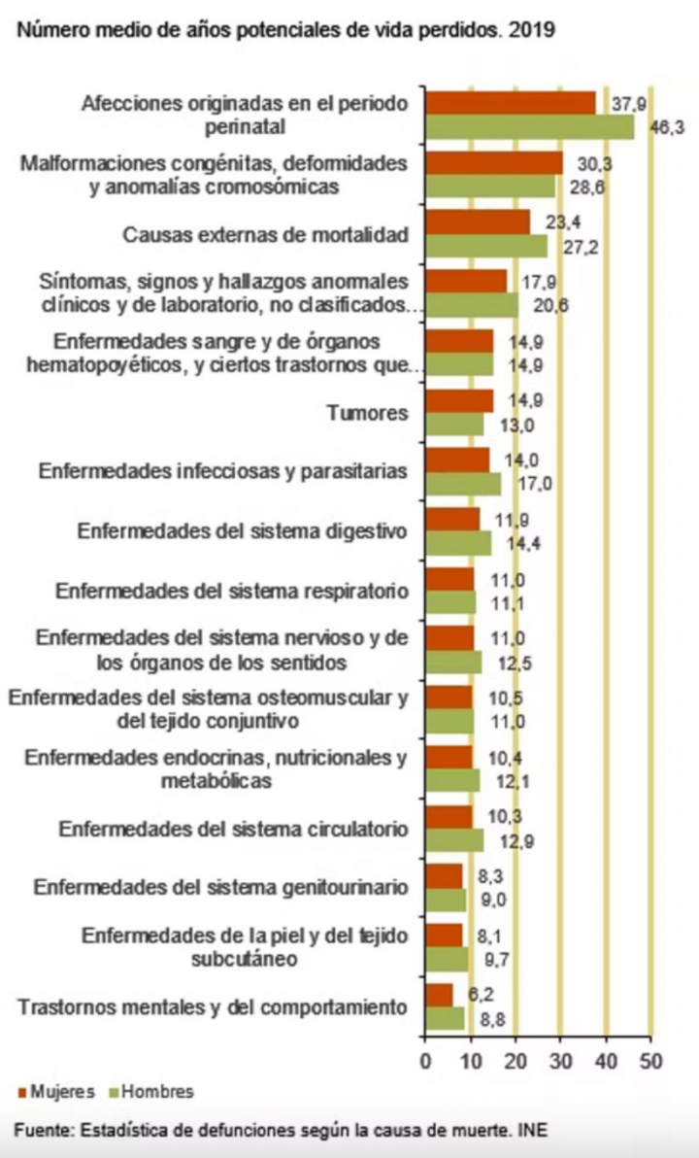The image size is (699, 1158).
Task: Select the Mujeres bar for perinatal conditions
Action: point(511,103)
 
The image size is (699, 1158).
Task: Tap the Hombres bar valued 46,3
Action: point(530,127)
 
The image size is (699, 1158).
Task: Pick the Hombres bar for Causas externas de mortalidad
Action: point(486,246)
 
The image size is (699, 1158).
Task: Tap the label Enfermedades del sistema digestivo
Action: point(241,530)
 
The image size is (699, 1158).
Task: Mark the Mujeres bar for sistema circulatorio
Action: point(449,817)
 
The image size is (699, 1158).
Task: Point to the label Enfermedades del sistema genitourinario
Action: point(219,887)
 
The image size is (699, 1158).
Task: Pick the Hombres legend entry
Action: point(153,1091)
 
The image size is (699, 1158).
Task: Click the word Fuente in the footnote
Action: point(42,1131)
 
